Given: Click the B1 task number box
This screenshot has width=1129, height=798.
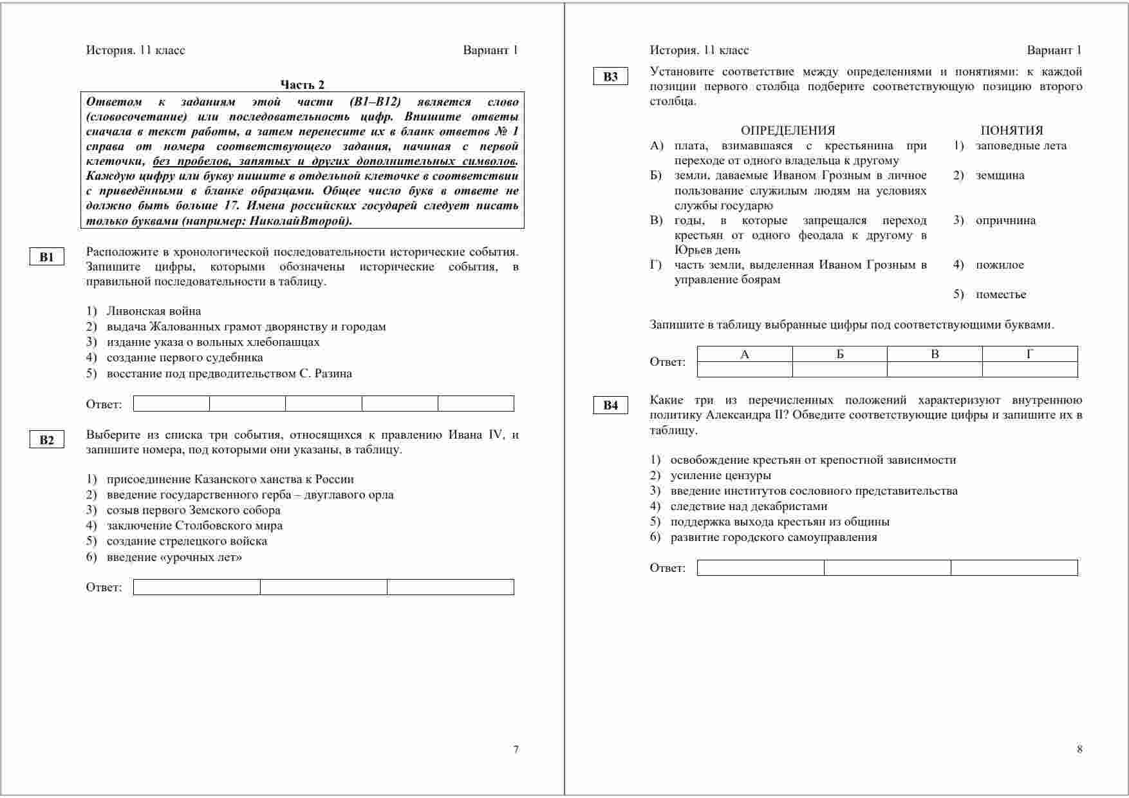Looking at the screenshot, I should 47,258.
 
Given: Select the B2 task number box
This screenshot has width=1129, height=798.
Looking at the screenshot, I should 47,441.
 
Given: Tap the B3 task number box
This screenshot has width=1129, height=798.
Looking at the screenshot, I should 610,77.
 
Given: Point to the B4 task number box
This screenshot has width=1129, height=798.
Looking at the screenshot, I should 610,406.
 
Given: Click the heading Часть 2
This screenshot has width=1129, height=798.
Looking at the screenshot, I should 302,84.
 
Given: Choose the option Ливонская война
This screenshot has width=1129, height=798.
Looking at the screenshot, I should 154,311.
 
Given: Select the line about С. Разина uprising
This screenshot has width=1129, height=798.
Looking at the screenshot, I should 229,374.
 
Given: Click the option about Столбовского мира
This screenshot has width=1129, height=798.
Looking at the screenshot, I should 194,526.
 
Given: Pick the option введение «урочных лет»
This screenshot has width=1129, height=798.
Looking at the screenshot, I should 174,557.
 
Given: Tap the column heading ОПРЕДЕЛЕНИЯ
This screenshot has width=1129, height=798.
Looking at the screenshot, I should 788,130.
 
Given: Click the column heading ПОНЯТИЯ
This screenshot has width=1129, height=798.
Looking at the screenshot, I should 1012,130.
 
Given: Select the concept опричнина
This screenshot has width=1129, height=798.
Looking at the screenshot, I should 1005,220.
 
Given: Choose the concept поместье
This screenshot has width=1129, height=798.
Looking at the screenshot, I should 1001,294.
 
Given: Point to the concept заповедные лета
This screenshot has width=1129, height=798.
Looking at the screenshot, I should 1021,146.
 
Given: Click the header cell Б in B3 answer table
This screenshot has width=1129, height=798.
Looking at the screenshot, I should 839,354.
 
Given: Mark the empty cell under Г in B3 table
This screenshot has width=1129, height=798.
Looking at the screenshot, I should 1030,370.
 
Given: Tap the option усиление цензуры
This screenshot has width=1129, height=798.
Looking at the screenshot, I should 720,475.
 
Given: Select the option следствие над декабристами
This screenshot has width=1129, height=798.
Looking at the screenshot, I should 749,506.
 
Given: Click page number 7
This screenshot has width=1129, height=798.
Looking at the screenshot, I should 516,749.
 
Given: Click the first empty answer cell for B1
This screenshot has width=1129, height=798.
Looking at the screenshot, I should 171,404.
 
